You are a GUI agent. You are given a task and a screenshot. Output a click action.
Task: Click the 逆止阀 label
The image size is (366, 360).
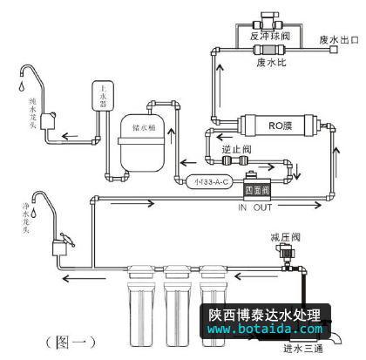(234, 150)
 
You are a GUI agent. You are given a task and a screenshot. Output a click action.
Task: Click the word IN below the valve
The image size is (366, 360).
(247, 207)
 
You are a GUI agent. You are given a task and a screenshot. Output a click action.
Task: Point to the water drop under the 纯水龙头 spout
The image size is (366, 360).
(10, 89)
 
